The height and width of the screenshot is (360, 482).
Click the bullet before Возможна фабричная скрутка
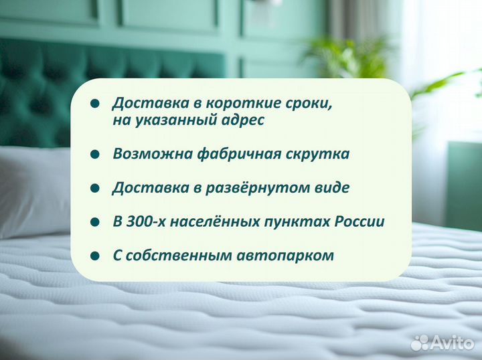click(95, 155)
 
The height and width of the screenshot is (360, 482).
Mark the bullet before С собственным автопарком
click(95, 256)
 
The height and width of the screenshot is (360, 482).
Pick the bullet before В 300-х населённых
click(95, 221)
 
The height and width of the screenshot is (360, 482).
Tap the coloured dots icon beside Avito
click(420, 343)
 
